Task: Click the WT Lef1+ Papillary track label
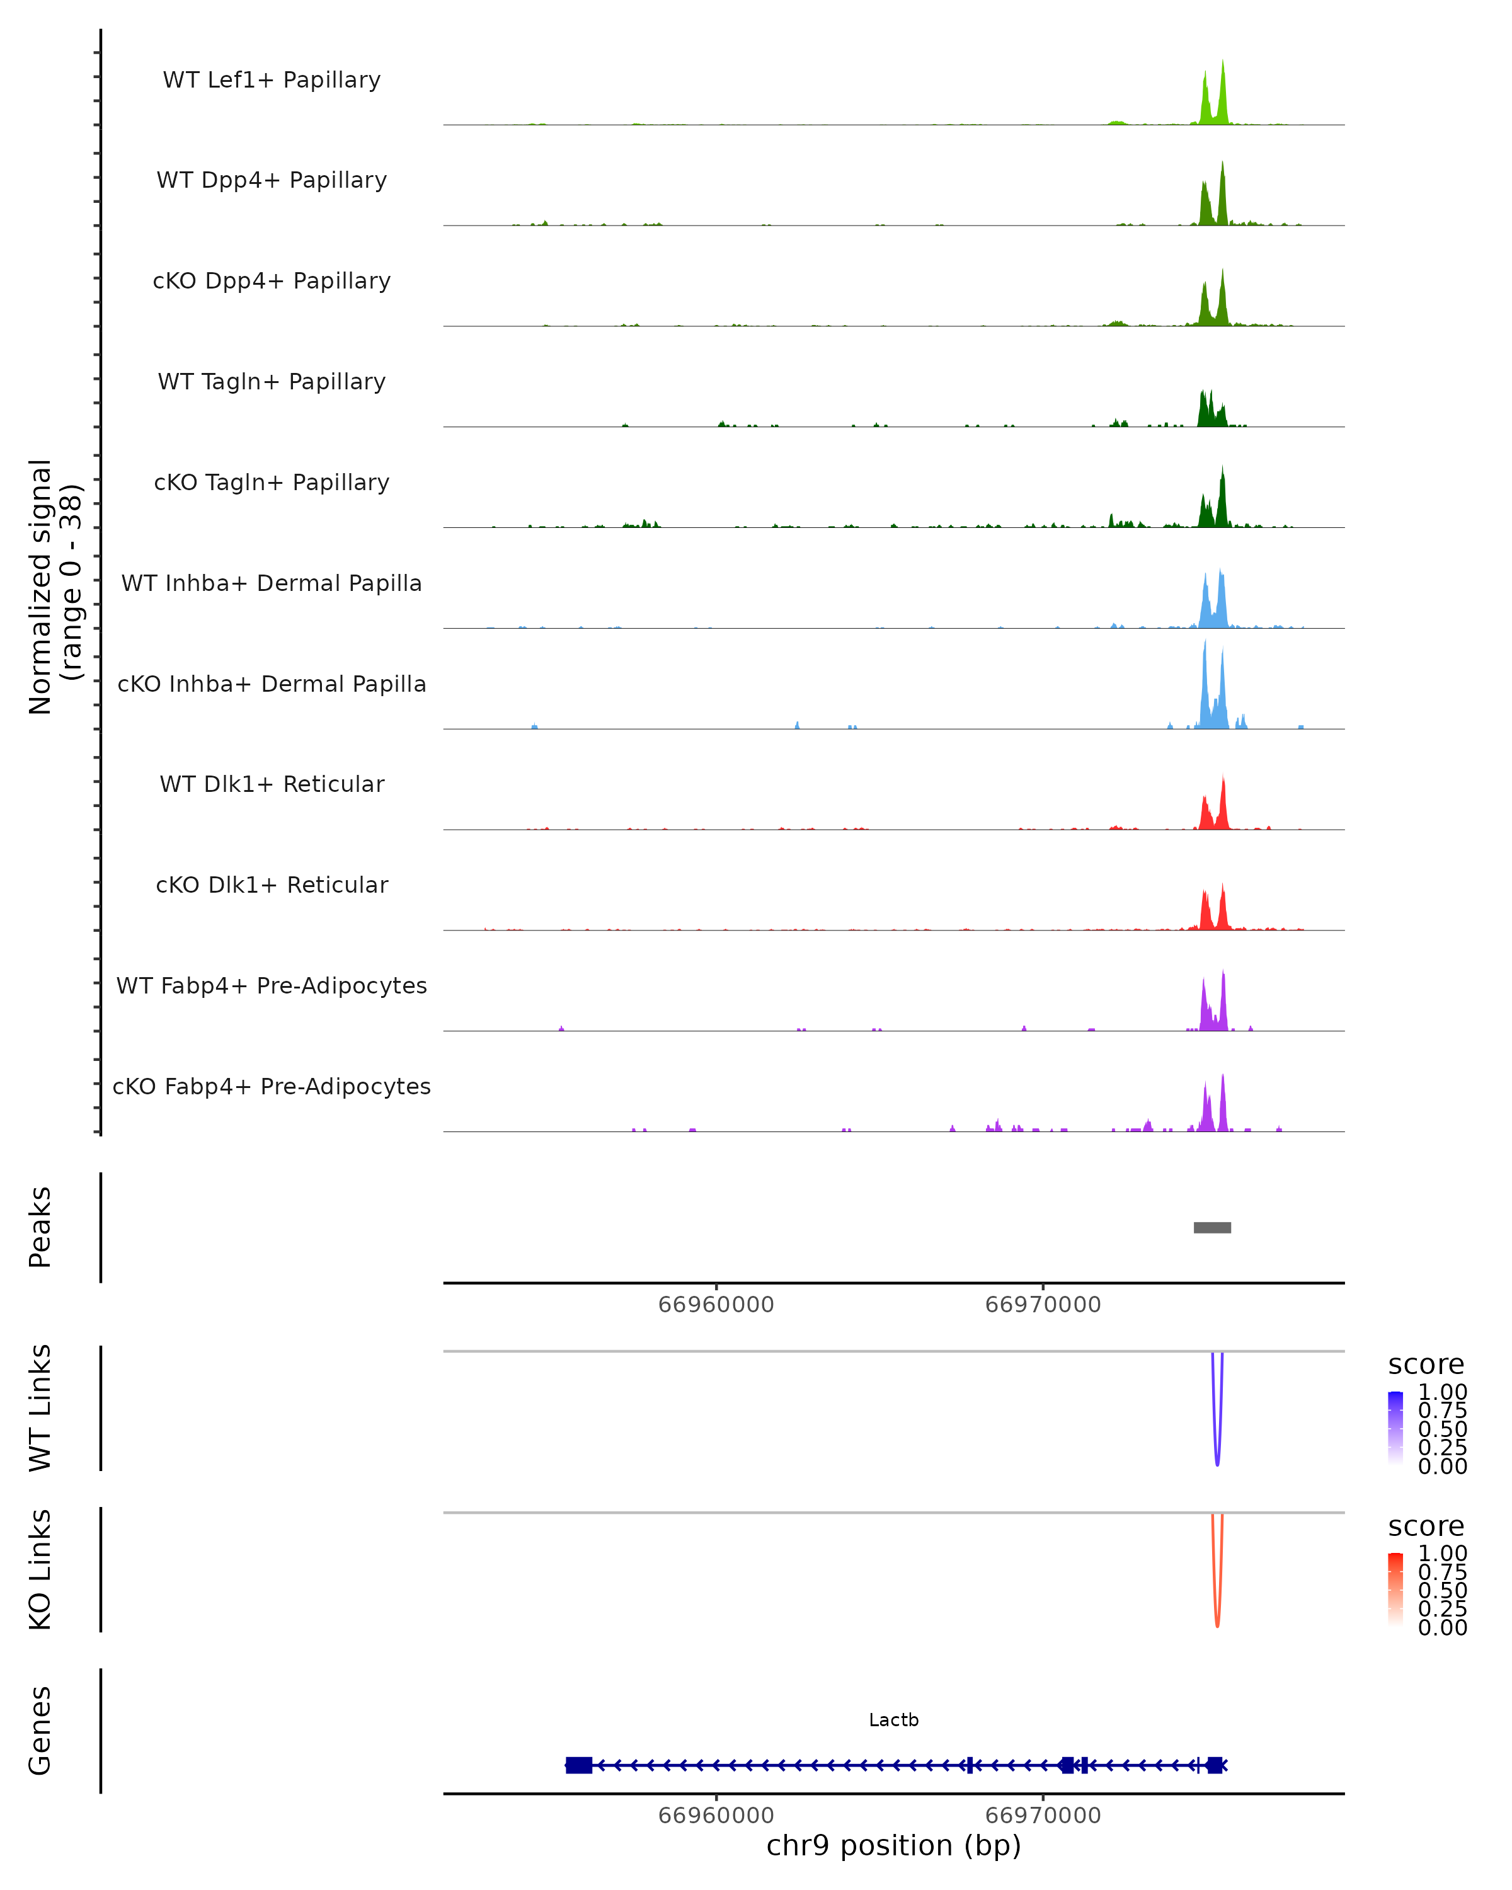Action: [272, 80]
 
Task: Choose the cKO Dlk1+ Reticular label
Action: [272, 885]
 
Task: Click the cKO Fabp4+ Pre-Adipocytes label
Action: [272, 1086]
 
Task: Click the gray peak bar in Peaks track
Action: [1212, 1227]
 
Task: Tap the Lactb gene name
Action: [893, 1720]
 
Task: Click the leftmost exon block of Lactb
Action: [578, 1765]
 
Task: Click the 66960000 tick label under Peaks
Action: [716, 1305]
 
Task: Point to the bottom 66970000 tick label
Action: [1043, 1814]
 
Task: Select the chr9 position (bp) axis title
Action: [893, 1845]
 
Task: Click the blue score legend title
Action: [1426, 1365]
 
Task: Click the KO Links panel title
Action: [40, 1569]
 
